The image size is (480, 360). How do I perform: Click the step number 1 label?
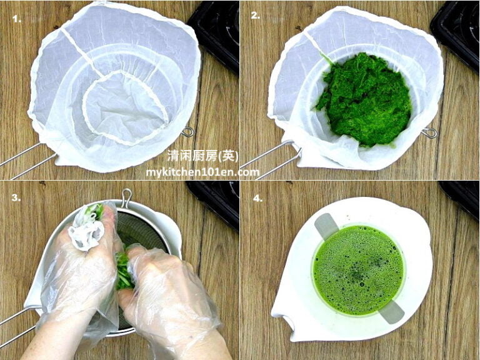click(x=16, y=19)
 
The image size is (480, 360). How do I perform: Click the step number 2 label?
click(x=256, y=16)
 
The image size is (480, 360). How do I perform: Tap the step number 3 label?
click(x=16, y=197)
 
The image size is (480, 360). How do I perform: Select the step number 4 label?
click(x=256, y=197)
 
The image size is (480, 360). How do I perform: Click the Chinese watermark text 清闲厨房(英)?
click(x=202, y=156)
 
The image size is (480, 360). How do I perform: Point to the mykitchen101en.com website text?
click(x=202, y=172)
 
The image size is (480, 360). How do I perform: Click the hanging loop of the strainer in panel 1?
click(x=187, y=132)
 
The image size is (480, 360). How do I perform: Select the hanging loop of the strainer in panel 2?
click(x=428, y=132)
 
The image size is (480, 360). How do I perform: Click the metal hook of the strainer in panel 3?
click(x=127, y=197)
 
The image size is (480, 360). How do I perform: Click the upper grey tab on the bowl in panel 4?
click(x=326, y=226)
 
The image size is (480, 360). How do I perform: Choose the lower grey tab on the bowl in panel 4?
click(x=391, y=311)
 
